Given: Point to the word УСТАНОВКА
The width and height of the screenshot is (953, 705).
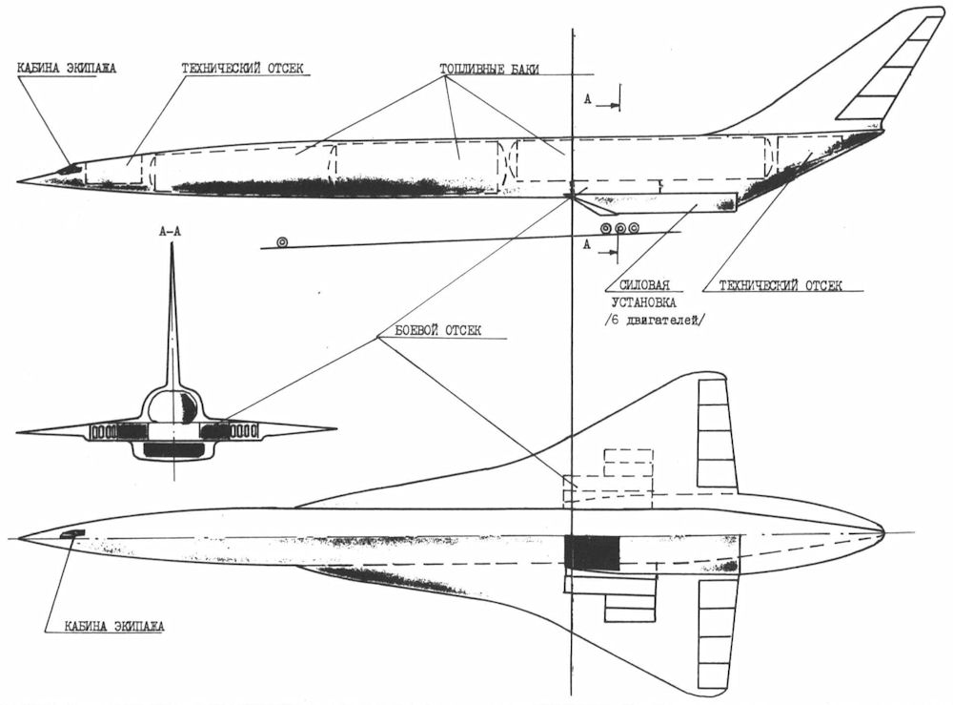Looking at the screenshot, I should [645, 301].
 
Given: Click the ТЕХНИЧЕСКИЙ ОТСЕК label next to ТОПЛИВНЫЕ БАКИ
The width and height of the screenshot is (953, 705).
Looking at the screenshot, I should [246, 70].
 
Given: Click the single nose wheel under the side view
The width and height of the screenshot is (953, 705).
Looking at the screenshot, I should [282, 243].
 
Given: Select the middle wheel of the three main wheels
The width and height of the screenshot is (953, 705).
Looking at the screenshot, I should [620, 228].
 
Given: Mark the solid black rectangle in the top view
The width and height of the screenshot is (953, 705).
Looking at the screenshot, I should [592, 554].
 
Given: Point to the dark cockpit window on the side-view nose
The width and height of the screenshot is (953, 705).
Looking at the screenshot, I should [69, 170].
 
